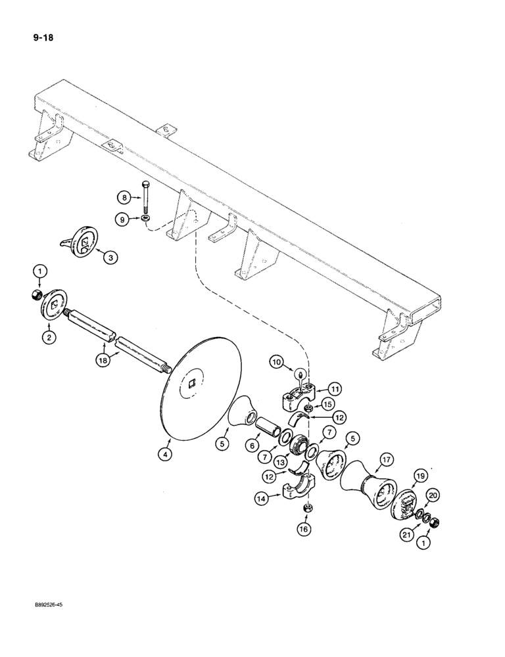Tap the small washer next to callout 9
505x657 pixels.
144,218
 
